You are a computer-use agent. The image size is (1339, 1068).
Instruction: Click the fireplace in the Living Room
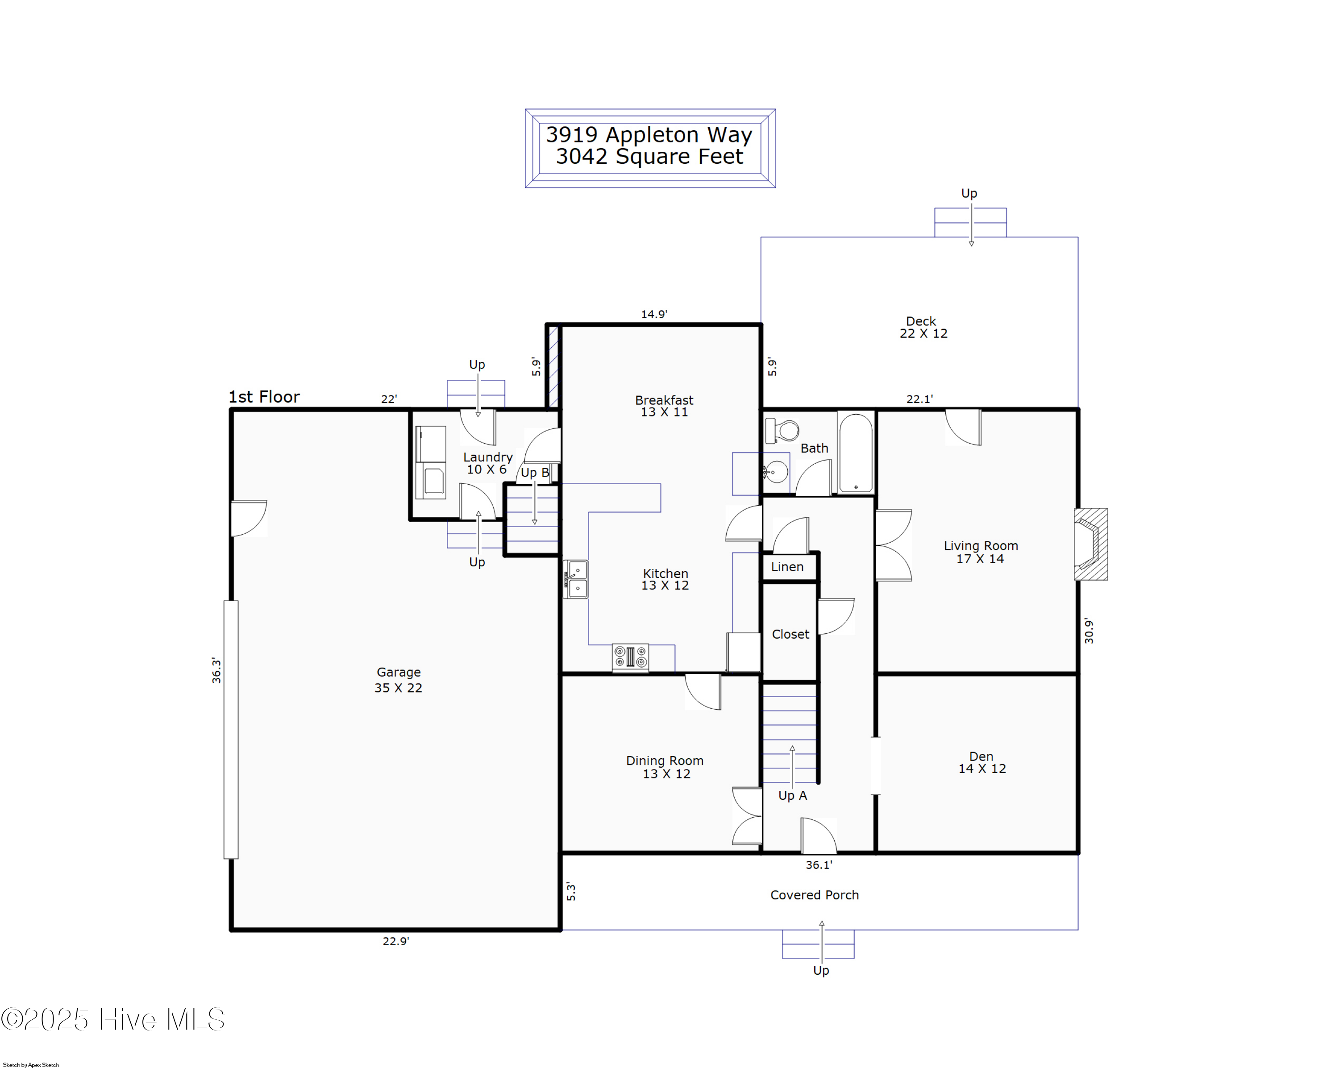coord(1090,544)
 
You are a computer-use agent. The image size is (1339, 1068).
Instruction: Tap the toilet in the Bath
coord(782,430)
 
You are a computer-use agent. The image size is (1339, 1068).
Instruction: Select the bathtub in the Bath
coord(856,452)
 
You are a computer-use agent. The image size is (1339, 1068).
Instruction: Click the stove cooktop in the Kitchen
coord(630,657)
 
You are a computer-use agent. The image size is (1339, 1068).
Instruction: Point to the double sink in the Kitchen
coord(576,579)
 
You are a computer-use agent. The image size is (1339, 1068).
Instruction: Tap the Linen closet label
coord(787,567)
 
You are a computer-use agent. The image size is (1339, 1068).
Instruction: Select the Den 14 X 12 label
coord(981,762)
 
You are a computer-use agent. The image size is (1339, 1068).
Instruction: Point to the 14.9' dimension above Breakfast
coord(654,314)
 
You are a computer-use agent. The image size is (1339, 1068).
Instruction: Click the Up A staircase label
coord(793,795)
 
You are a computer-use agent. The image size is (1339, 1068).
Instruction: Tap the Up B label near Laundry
coord(535,473)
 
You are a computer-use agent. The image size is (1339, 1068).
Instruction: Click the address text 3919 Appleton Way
coord(649,135)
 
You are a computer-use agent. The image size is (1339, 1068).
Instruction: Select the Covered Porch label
coord(814,895)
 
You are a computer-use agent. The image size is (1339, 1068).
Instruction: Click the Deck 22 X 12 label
coord(923,327)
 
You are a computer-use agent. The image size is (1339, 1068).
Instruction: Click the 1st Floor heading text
coord(264,397)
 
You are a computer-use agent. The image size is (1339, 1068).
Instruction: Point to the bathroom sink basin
coord(776,472)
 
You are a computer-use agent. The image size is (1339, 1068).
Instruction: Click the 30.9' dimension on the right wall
coord(1089,631)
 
